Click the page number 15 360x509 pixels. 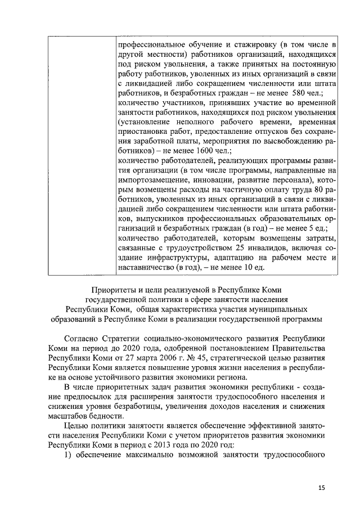pos(321,488)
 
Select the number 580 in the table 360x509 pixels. pos(296,92)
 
